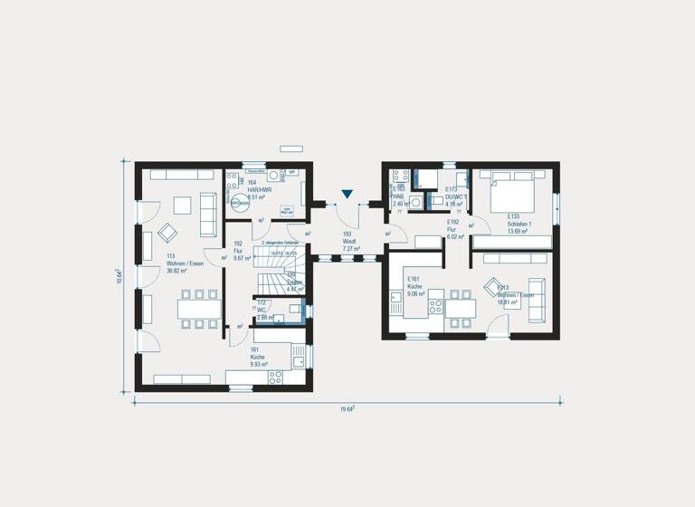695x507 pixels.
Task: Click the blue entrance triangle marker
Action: tap(347, 194)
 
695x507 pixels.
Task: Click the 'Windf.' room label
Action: tap(350, 241)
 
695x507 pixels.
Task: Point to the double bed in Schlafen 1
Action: tap(511, 192)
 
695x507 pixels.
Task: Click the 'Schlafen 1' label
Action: tap(519, 224)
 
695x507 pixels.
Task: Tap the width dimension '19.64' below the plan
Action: tap(347, 409)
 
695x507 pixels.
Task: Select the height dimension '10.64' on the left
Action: tap(120, 274)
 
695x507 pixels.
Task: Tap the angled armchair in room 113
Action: tap(167, 232)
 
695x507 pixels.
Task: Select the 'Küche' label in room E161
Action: tap(414, 286)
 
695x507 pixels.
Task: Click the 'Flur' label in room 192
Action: tap(239, 251)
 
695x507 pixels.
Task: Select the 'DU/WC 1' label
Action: tap(454, 196)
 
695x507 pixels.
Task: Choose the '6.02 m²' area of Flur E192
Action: tap(455, 236)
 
